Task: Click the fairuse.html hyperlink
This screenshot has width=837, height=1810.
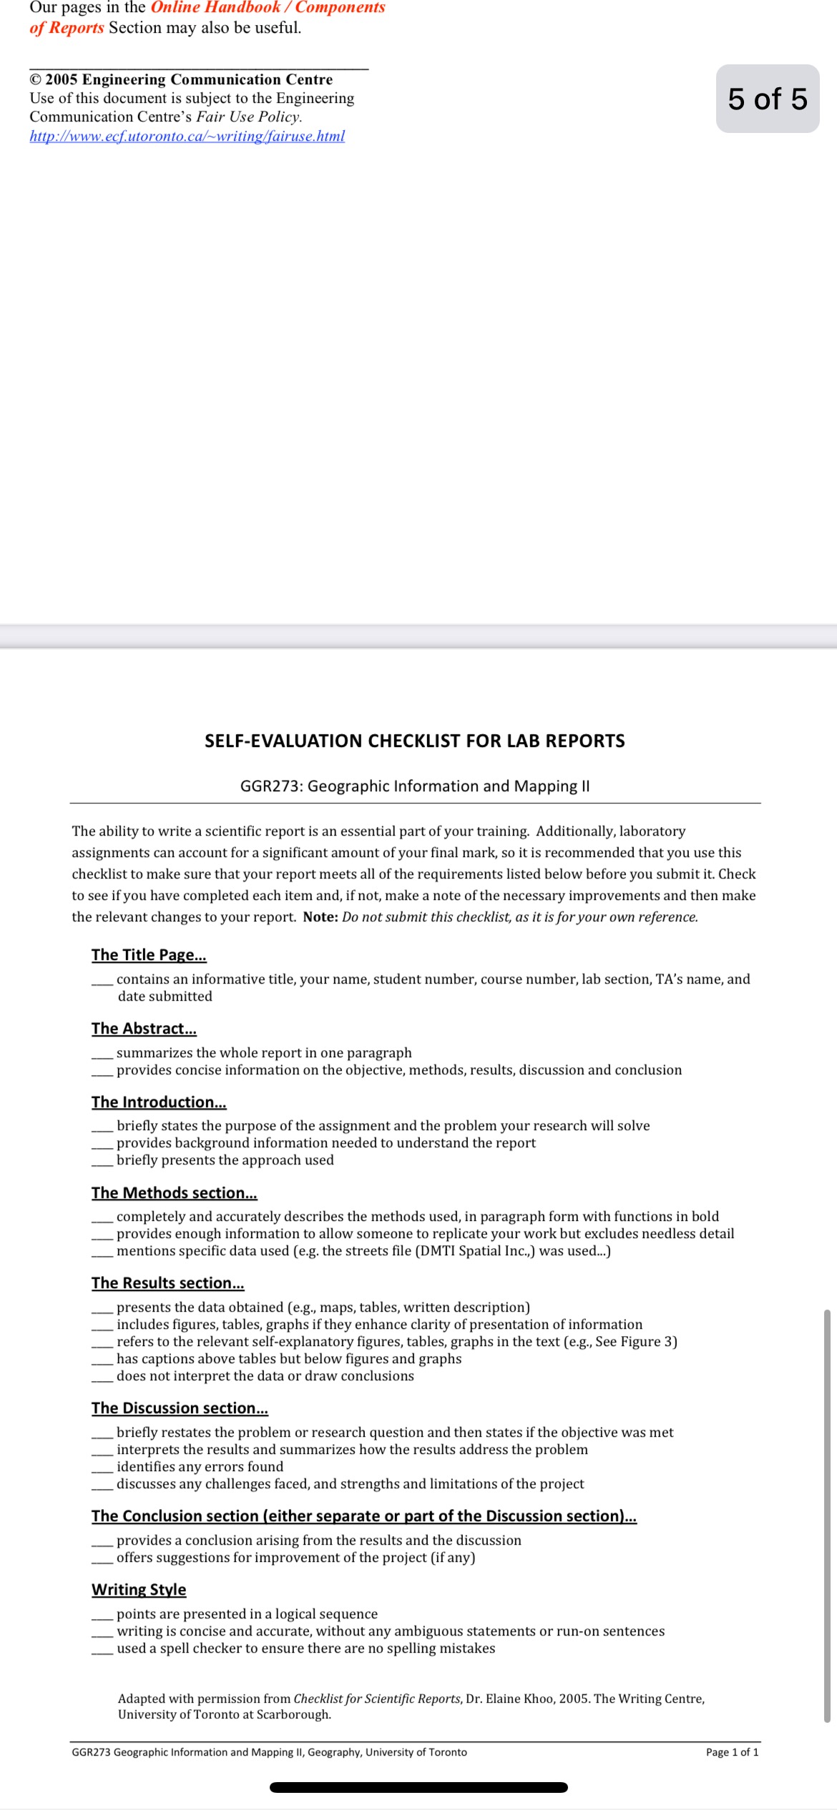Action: click(187, 136)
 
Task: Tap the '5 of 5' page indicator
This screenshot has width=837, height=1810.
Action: click(767, 99)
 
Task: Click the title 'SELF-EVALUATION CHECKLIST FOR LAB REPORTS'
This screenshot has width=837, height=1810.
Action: click(414, 741)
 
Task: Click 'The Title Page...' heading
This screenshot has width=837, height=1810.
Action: click(149, 955)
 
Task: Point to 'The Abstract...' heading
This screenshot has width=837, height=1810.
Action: click(144, 1029)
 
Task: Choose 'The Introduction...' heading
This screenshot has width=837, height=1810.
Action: click(159, 1102)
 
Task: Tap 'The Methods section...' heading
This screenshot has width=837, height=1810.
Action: click(174, 1193)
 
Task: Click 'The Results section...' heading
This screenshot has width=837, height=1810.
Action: click(167, 1283)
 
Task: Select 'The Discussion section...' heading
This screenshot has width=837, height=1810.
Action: click(180, 1408)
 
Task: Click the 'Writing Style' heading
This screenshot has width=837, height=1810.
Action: click(139, 1590)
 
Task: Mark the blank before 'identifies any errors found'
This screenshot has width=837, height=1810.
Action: click(102, 1468)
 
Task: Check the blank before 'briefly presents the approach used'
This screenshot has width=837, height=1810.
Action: click(102, 1162)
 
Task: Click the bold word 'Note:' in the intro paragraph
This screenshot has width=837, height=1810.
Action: click(320, 917)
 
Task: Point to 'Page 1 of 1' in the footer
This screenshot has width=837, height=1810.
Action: click(732, 1752)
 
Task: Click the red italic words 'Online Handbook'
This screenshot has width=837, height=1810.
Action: click(215, 8)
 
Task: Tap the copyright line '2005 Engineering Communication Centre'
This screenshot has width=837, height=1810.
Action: click(189, 79)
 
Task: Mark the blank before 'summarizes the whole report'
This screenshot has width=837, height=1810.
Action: click(102, 1054)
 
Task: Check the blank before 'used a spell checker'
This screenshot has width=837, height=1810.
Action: click(102, 1650)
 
